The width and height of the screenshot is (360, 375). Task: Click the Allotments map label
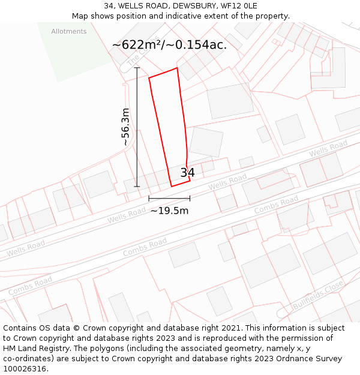(69, 31)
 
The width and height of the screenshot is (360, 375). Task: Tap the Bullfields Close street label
(318, 294)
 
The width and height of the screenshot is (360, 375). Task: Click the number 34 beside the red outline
(187, 173)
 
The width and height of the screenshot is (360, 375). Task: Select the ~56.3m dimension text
(125, 127)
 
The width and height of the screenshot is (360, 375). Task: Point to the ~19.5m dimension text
(169, 211)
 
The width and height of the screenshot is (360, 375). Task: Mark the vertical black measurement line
(137, 127)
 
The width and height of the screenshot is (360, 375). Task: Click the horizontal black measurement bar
(169, 199)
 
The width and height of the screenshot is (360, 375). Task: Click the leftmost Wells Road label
(25, 248)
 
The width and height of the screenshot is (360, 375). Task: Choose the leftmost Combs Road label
(30, 286)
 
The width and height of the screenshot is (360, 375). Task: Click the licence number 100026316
(23, 369)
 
